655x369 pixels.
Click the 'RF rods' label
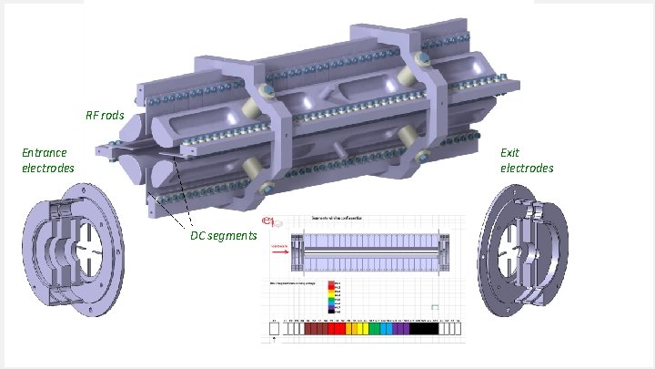(104, 116)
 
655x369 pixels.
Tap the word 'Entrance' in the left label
(45, 153)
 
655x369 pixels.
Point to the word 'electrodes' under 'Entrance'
(48, 168)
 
